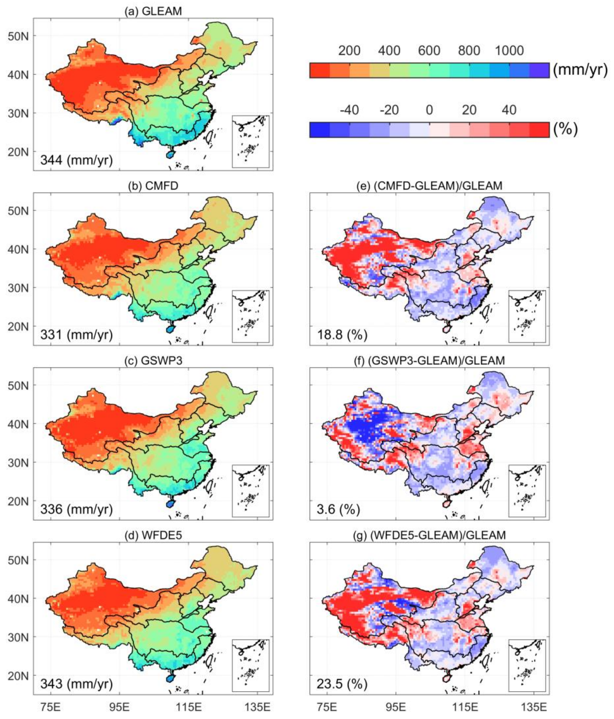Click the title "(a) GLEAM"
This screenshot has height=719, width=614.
click(x=153, y=11)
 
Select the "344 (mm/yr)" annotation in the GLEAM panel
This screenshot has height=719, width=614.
click(x=76, y=160)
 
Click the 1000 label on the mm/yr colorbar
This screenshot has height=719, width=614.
click(x=509, y=51)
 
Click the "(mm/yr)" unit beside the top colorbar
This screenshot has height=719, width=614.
click(x=580, y=70)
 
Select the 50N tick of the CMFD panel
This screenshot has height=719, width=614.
click(x=18, y=211)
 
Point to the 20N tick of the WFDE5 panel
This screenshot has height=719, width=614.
click(x=18, y=676)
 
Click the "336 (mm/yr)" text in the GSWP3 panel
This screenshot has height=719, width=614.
click(x=76, y=509)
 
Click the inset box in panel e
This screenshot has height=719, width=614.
click(x=527, y=317)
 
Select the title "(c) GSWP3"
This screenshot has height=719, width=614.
click(x=153, y=361)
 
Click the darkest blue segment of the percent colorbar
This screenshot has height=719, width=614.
click(x=319, y=130)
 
